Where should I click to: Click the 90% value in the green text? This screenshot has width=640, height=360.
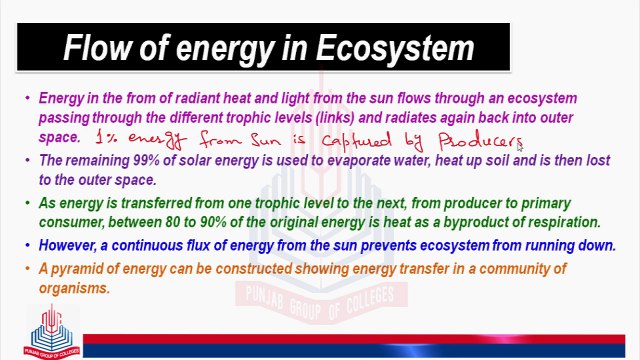coord(301,221)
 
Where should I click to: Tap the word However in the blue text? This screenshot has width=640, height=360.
coord(69,245)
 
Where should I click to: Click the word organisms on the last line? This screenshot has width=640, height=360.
coord(73,287)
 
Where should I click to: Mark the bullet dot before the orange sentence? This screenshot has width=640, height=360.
coord(28,269)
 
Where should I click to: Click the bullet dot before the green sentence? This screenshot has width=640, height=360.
coord(28,203)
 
